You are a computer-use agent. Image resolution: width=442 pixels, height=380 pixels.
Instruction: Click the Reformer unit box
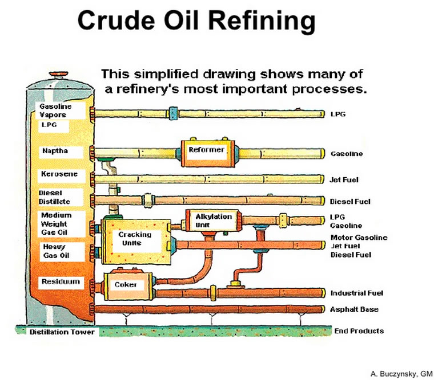tap(207, 153)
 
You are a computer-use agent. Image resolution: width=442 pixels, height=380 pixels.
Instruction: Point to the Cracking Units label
tap(135, 239)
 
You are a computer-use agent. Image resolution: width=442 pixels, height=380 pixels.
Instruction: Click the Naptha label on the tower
tap(55, 151)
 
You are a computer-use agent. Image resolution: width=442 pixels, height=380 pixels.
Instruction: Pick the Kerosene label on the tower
tap(59, 174)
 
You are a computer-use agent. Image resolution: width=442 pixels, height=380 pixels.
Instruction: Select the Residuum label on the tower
tap(61, 281)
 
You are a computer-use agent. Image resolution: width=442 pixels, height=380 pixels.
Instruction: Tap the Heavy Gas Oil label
tap(56, 251)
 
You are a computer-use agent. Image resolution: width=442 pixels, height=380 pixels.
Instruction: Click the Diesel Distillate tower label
tap(54, 197)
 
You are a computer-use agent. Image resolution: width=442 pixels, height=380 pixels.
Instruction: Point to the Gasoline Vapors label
tap(55, 111)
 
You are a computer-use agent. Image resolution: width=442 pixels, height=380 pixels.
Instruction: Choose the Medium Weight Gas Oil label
tap(56, 224)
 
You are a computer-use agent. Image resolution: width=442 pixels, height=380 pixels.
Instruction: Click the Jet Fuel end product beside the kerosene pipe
tap(344, 179)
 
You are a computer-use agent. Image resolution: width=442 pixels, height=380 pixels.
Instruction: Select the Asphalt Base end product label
tap(354, 309)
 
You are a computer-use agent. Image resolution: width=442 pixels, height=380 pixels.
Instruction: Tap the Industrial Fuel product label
tap(356, 293)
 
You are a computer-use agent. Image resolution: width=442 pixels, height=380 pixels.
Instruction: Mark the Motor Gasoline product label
tap(359, 238)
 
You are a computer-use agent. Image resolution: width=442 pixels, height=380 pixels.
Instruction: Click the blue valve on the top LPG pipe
tap(173, 113)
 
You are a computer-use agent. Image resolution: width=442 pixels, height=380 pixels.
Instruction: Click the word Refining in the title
tap(262, 21)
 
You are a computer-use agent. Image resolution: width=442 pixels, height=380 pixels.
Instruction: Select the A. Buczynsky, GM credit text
tap(401, 374)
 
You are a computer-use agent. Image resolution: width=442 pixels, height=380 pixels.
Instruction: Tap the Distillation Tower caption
tap(62, 332)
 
